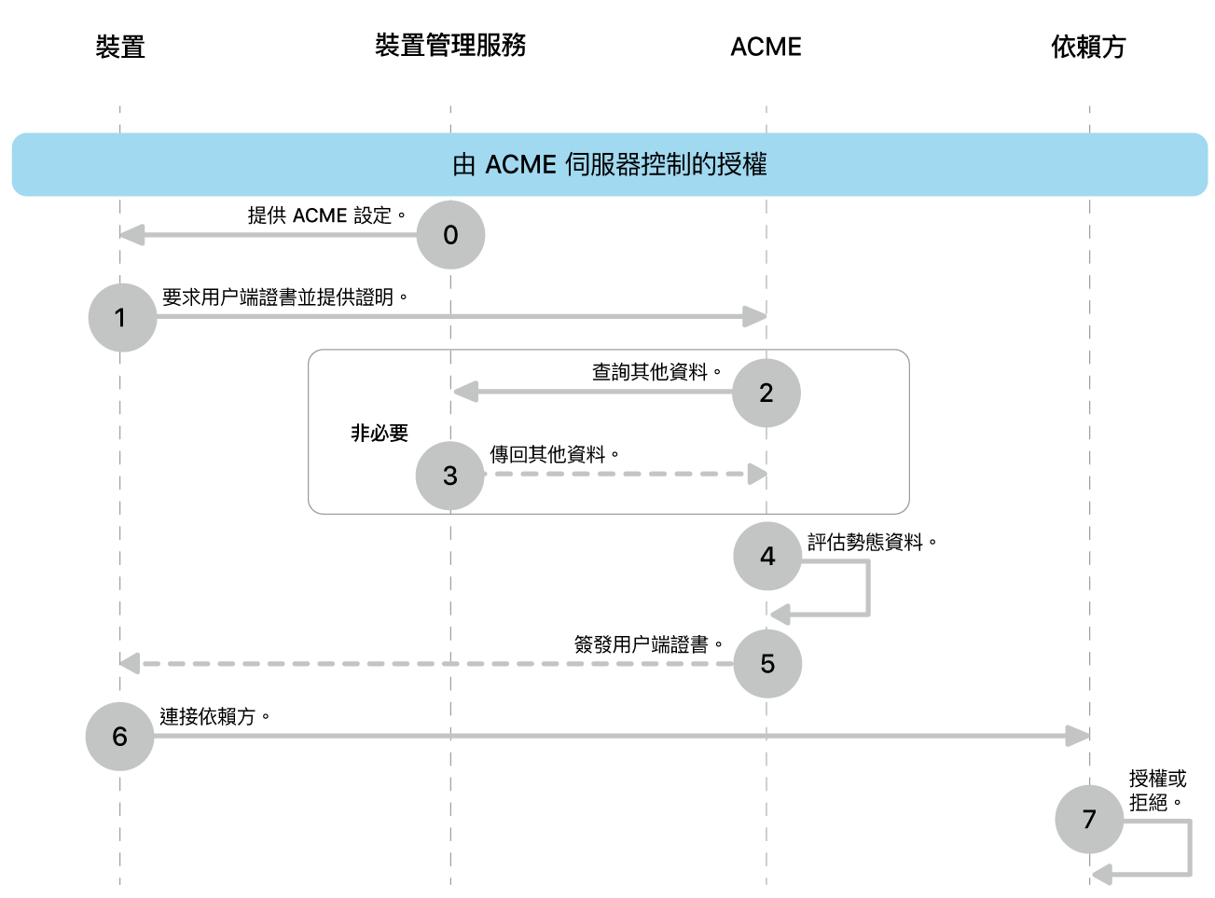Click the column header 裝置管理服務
click(450, 45)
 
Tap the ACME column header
click(766, 47)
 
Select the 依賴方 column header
click(1088, 47)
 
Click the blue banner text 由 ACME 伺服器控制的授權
click(609, 165)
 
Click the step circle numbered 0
click(450, 235)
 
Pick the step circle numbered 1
click(122, 318)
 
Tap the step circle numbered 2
click(766, 393)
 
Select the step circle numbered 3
click(450, 476)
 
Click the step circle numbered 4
click(767, 557)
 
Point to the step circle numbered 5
click(767, 664)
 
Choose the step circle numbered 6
click(119, 737)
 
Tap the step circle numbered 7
click(1089, 820)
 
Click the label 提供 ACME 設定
click(326, 215)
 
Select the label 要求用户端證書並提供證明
click(284, 297)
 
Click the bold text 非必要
click(380, 433)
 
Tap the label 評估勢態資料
click(871, 542)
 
